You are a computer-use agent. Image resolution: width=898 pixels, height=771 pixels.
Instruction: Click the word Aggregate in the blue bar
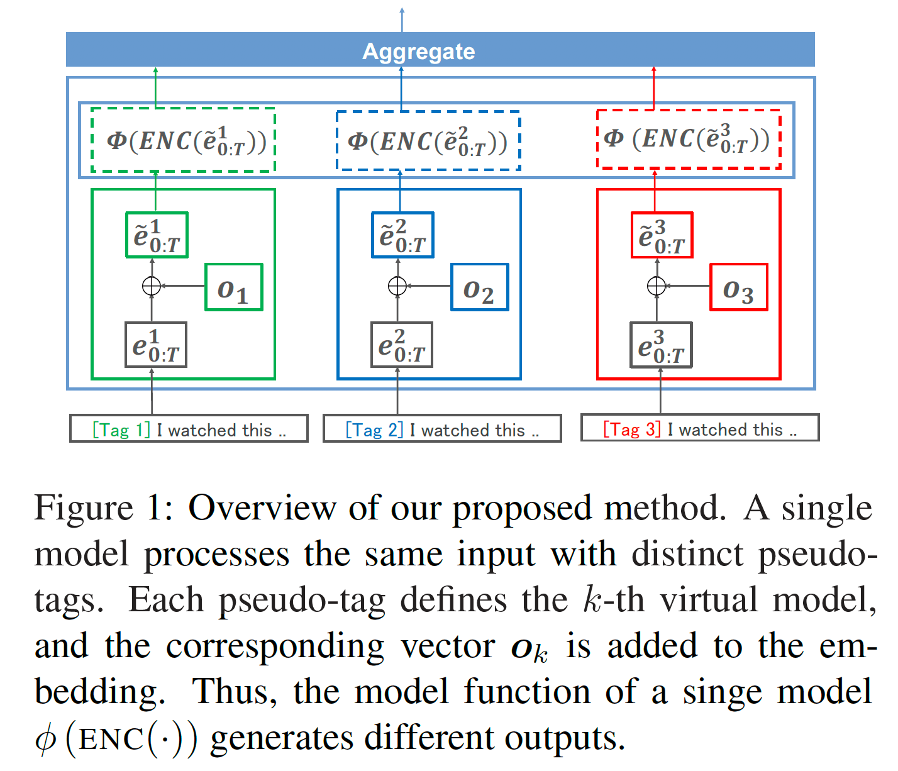click(418, 51)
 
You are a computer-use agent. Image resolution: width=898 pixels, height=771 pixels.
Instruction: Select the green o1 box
click(233, 287)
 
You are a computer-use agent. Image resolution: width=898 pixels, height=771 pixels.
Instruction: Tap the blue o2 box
click(479, 287)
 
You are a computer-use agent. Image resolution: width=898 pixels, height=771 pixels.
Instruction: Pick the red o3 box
click(738, 287)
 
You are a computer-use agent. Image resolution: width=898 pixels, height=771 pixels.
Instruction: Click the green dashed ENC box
click(184, 140)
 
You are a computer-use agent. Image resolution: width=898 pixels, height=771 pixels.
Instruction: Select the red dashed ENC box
click(688, 139)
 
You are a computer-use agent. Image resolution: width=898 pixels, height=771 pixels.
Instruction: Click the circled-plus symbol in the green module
click(152, 286)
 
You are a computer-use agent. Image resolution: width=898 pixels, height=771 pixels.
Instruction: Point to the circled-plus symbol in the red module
click(657, 286)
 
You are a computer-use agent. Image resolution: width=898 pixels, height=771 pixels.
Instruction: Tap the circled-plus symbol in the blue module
click(397, 286)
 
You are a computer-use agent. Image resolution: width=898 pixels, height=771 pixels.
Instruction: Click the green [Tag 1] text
click(121, 430)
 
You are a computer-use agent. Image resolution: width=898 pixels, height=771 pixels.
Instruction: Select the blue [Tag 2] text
click(374, 430)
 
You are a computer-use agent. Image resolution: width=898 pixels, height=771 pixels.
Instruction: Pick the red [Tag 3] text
click(631, 430)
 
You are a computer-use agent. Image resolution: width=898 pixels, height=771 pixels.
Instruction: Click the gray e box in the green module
click(156, 345)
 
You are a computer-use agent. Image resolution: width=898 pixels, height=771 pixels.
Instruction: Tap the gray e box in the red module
click(661, 345)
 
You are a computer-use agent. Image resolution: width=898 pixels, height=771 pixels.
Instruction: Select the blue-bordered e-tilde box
click(402, 235)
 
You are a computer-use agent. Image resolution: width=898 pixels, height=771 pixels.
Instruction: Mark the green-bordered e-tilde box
click(157, 235)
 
